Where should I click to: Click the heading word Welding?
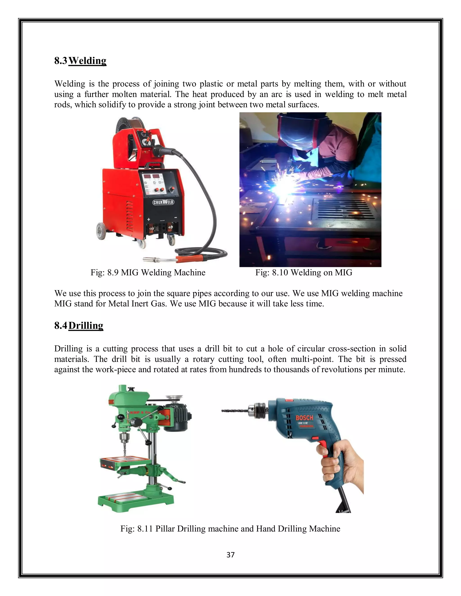[87, 60]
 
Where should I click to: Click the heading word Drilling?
[86, 326]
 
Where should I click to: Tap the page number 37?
[230, 555]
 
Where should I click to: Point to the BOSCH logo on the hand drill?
[305, 418]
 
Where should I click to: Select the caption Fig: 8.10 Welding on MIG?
[304, 273]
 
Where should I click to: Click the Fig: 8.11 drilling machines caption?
[230, 529]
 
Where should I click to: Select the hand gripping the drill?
[341, 464]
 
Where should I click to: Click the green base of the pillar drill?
[136, 501]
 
